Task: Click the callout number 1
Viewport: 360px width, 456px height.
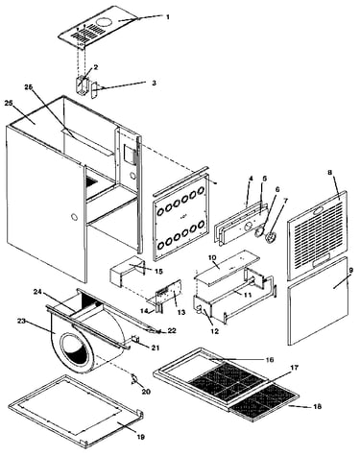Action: point(168,17)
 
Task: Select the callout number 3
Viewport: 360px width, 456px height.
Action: point(154,83)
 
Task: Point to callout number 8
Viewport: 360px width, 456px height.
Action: point(329,172)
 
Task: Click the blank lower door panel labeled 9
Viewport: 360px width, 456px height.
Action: point(318,300)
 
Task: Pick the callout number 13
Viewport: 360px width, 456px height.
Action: point(181,312)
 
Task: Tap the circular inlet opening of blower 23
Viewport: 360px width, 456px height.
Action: point(76,349)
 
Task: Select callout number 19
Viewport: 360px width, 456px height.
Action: point(140,437)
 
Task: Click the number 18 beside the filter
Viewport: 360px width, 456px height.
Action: point(318,407)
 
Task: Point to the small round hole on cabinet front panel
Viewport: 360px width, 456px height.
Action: point(74,217)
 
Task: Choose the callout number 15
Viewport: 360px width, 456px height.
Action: point(158,272)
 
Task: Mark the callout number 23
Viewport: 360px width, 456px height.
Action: point(21,321)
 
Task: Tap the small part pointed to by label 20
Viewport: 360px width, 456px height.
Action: point(134,378)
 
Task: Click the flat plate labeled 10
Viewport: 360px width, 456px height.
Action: point(226,268)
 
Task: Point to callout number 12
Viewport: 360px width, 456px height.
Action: point(215,331)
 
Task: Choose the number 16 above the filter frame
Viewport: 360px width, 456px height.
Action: point(270,360)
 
